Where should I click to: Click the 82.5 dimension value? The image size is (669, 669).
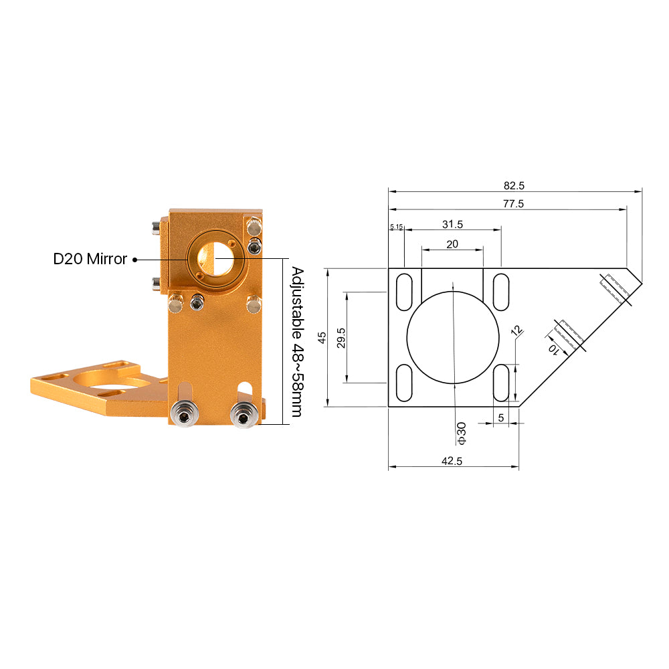click(x=514, y=185)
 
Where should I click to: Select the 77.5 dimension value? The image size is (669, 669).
click(x=513, y=204)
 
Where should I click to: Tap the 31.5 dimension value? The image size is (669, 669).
click(x=452, y=224)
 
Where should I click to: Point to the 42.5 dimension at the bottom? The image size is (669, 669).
click(x=452, y=461)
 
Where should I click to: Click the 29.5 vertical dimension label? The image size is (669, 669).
click(x=341, y=338)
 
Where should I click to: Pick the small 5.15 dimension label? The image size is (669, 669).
click(x=396, y=227)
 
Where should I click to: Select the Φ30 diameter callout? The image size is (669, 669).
click(x=462, y=434)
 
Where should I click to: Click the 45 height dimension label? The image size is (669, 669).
click(x=322, y=337)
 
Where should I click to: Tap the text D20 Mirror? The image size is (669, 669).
click(x=90, y=259)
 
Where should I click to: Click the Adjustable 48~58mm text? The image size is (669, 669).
click(x=298, y=342)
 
